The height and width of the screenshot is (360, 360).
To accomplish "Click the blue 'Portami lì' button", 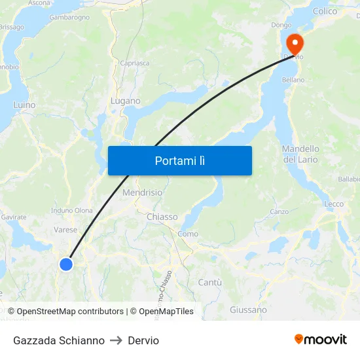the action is pos(179,160).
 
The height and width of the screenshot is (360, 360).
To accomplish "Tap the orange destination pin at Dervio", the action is pos(295,43).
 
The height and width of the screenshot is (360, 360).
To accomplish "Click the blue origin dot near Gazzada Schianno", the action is pos(66,264).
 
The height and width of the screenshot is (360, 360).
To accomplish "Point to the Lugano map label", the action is pos(125,101).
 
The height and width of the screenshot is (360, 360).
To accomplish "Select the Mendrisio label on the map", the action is pos(142,193).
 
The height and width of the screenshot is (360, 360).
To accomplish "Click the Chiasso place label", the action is pos(162,217).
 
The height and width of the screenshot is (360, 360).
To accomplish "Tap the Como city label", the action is pos(188,234).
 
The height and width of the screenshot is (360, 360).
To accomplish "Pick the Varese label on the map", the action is pos(65,230).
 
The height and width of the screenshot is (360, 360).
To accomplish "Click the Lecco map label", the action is pos(334,204).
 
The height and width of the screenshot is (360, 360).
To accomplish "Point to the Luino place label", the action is pos(24,105).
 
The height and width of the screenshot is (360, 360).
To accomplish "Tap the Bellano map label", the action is pos(293,80).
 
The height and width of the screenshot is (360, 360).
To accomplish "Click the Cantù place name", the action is pos(209,282).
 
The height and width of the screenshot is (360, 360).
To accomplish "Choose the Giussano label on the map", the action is pos(248,310).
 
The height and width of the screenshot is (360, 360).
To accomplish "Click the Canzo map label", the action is pos(279,212).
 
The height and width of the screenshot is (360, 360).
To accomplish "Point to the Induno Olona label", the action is pos(72,211).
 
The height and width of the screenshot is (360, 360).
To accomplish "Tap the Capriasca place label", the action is pos(134,63).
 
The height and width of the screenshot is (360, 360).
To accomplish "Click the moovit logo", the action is pos(320,340).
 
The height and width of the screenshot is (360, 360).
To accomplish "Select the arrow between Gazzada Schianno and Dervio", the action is pos(116,340).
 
